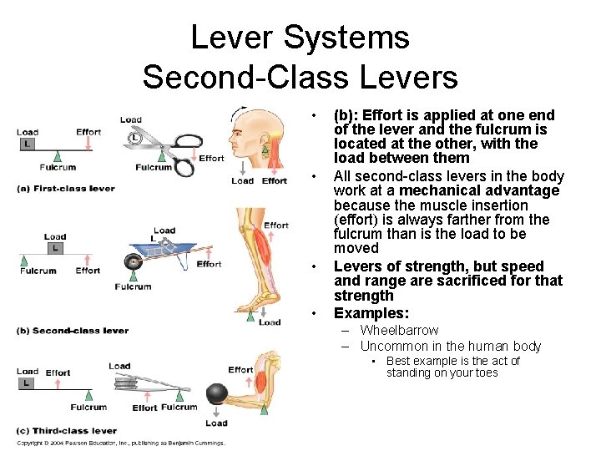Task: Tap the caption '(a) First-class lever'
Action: pos(66,189)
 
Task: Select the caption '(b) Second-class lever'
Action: pos(73,331)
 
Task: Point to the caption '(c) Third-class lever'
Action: pos(67,431)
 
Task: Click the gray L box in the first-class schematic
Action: pos(27,144)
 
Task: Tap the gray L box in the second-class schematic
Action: pos(55,248)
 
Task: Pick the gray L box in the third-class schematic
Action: pos(27,383)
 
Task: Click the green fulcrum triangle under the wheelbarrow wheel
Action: pos(133,276)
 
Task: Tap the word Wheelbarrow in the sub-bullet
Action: pos(399,330)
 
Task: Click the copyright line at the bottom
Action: pos(120,443)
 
